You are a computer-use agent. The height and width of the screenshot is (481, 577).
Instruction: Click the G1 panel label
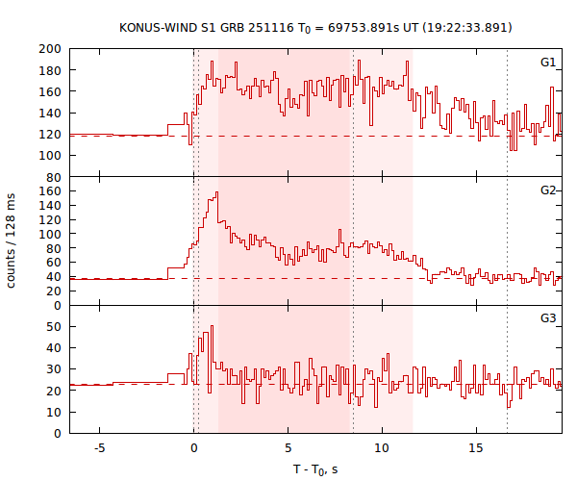547,63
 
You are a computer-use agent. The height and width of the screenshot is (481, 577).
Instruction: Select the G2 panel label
547,190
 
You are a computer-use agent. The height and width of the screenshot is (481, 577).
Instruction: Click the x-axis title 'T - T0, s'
315,468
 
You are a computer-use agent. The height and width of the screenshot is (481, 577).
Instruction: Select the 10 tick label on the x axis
382,448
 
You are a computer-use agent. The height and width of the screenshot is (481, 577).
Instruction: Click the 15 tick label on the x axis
476,448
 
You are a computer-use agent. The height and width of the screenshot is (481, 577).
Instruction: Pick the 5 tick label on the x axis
288,448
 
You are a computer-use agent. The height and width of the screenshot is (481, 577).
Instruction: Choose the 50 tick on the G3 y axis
54,327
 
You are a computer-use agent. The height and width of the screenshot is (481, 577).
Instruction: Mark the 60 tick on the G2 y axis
54,263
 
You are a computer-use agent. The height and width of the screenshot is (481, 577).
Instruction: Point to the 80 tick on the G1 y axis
54,177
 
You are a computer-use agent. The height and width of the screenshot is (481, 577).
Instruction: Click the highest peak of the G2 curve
216,192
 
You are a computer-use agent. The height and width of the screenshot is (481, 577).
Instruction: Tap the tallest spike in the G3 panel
211,326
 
